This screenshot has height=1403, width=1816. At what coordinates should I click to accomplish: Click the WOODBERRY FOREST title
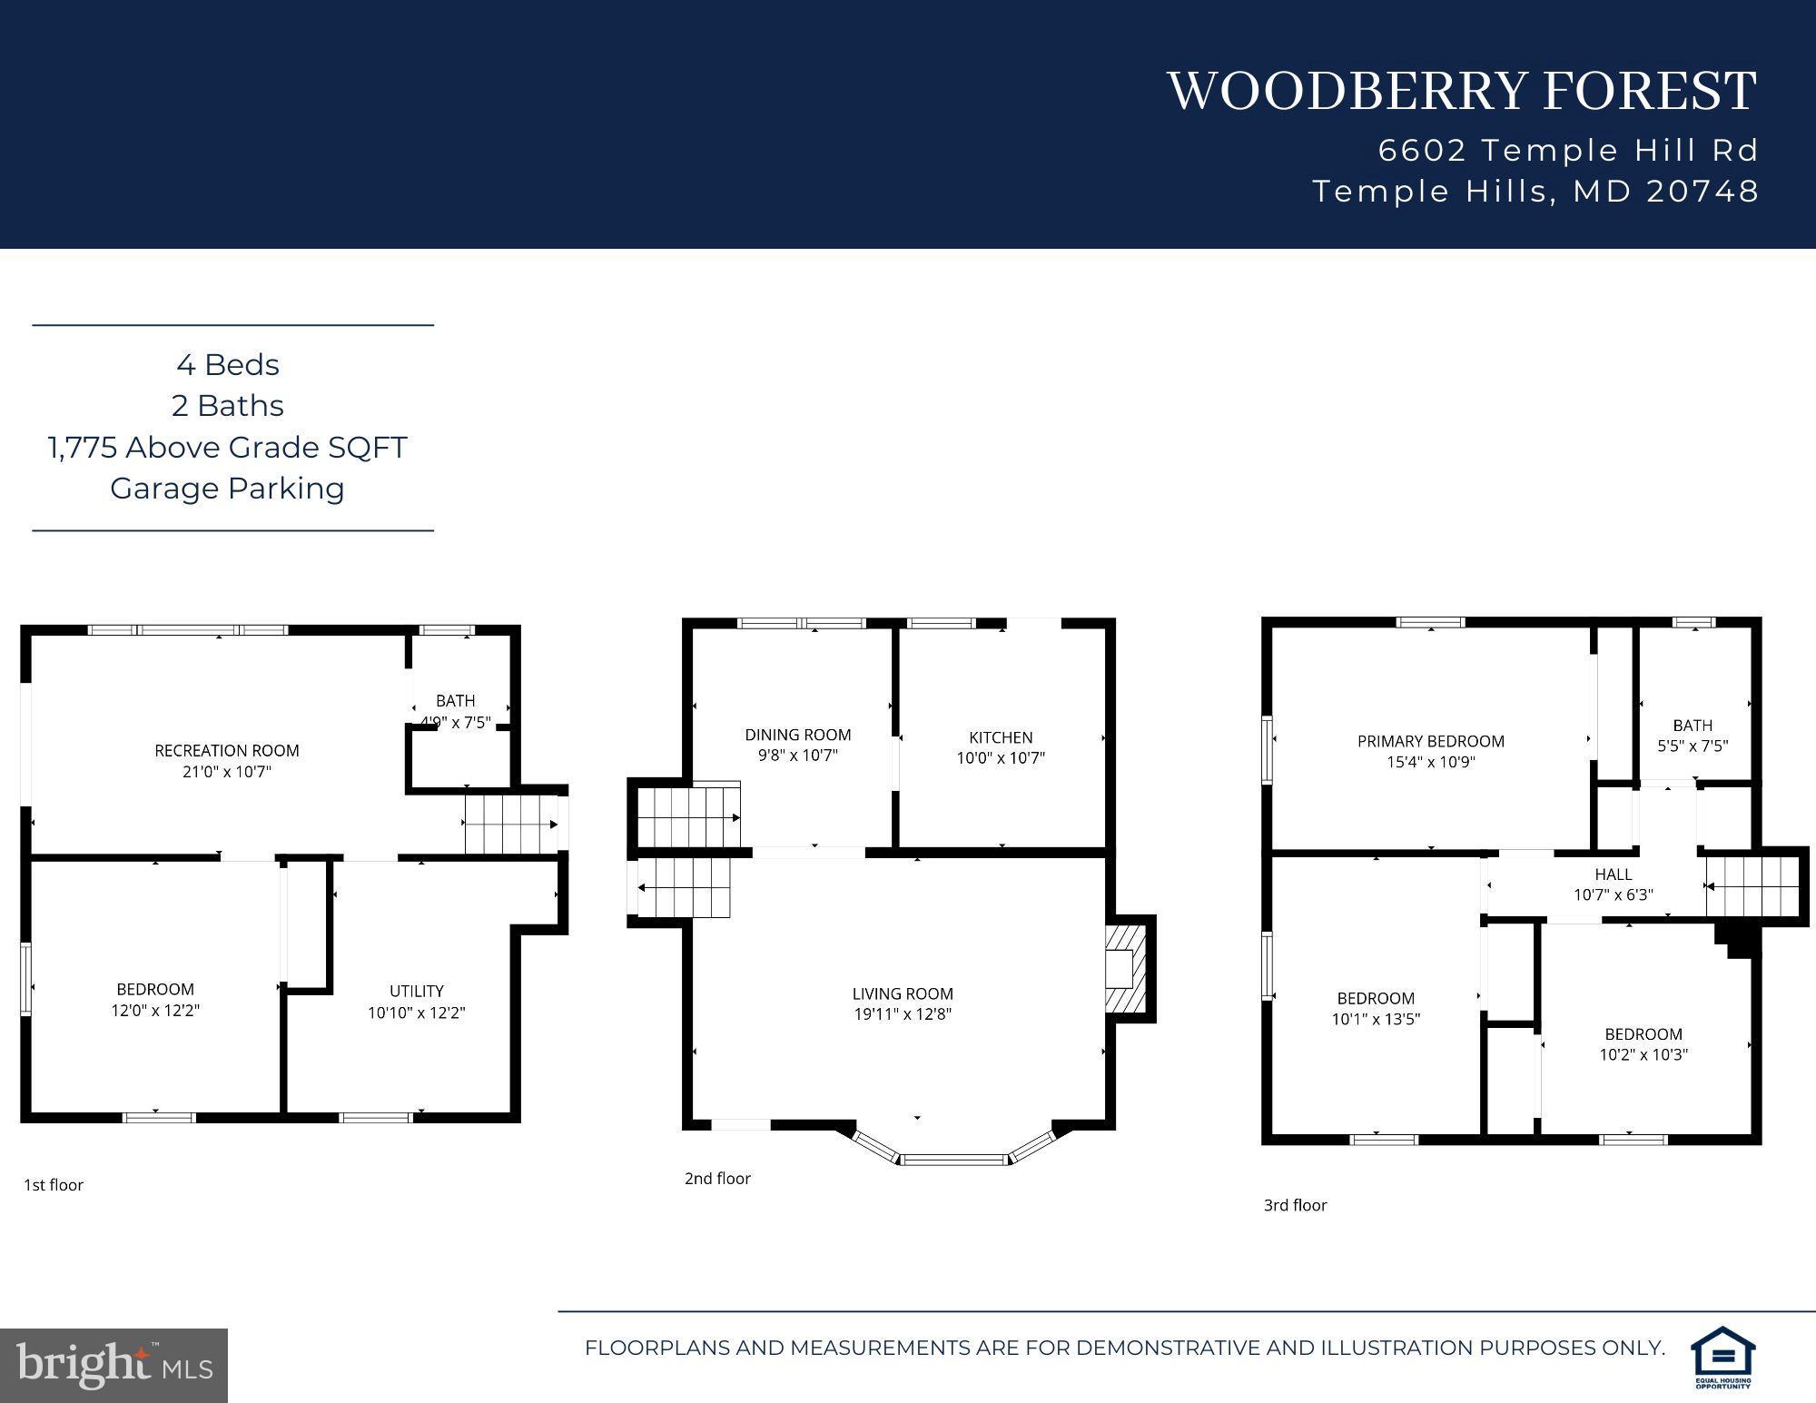1462,91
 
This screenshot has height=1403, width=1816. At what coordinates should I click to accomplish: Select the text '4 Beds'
228,365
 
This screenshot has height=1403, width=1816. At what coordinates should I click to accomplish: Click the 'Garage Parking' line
228,489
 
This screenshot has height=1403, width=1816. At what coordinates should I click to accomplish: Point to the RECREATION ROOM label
227,750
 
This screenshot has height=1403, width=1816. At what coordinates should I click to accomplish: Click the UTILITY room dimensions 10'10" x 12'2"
417,1013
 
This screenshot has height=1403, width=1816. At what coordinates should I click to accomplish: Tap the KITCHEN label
1001,737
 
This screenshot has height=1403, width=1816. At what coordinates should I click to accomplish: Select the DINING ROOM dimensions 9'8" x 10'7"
798,756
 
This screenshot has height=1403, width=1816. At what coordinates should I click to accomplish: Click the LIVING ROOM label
903,993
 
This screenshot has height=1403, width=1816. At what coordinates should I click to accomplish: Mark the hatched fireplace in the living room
1126,969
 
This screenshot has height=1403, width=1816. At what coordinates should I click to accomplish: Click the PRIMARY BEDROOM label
1431,741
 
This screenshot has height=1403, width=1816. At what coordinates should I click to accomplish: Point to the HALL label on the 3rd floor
1614,874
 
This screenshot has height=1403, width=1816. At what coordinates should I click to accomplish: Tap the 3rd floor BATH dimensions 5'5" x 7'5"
1693,746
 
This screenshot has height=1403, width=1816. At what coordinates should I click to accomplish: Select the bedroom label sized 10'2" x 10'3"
1643,1033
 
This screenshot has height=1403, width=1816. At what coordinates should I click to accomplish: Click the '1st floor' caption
54,1185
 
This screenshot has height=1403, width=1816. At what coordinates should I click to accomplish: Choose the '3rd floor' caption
1296,1205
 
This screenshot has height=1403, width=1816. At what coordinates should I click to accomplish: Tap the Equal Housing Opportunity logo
1722,1357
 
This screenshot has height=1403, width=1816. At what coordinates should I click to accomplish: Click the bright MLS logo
113,1365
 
